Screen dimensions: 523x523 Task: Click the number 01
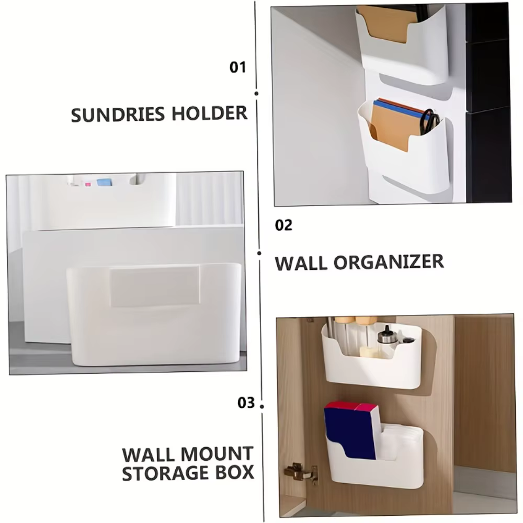coord(237,67)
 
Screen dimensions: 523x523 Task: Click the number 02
coord(283,225)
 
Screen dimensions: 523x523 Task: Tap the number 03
coord(246,403)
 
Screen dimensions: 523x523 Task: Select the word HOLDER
coord(210,113)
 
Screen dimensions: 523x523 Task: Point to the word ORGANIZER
coord(389,262)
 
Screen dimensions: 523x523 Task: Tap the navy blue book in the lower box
coord(350,434)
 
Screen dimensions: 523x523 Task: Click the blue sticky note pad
coord(104,182)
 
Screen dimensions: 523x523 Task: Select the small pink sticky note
coord(88,184)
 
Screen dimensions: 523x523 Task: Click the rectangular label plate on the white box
coord(155,286)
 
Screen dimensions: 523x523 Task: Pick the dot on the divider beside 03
coord(262,406)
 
